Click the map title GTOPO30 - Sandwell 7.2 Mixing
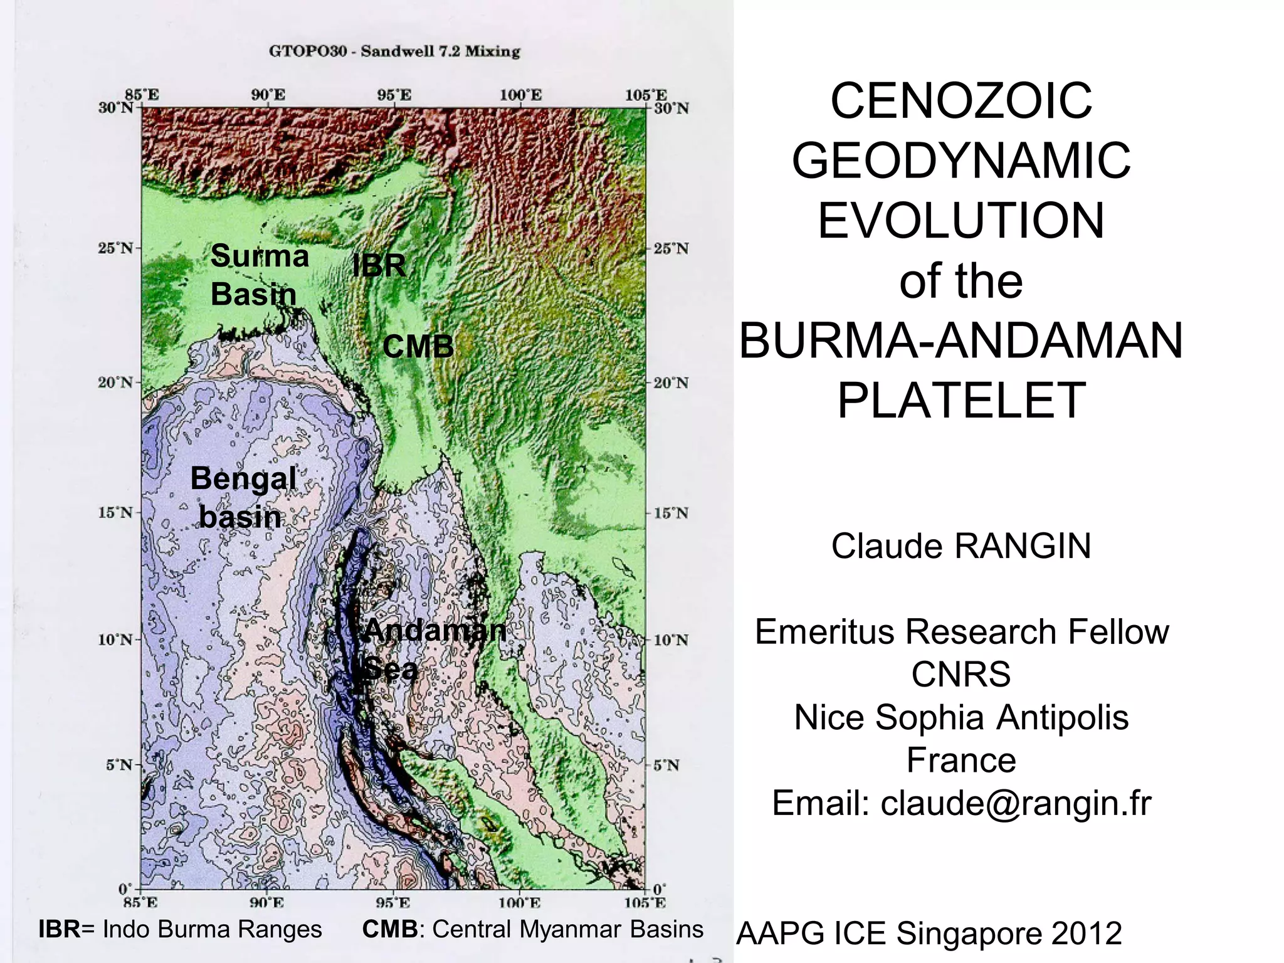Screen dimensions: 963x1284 coord(394,51)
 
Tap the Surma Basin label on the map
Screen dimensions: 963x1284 coord(259,275)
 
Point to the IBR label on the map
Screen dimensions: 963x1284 coord(379,266)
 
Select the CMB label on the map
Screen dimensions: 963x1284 coord(418,346)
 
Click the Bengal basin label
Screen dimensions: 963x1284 coord(242,497)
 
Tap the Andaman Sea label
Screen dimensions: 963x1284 coord(433,649)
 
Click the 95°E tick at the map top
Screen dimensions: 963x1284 coord(394,96)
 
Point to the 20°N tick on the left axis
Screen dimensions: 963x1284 coord(116,382)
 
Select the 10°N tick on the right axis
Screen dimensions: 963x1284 coord(671,640)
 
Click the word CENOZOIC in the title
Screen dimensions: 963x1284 coord(961,101)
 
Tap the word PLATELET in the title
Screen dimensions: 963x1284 coord(961,401)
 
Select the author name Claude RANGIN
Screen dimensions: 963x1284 coord(961,545)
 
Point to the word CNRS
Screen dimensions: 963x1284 coord(961,674)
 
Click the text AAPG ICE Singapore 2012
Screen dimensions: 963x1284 coord(929,933)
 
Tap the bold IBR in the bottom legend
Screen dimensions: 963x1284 coord(59,929)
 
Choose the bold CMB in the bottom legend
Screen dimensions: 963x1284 coord(389,929)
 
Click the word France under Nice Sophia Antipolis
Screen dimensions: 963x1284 coord(961,760)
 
